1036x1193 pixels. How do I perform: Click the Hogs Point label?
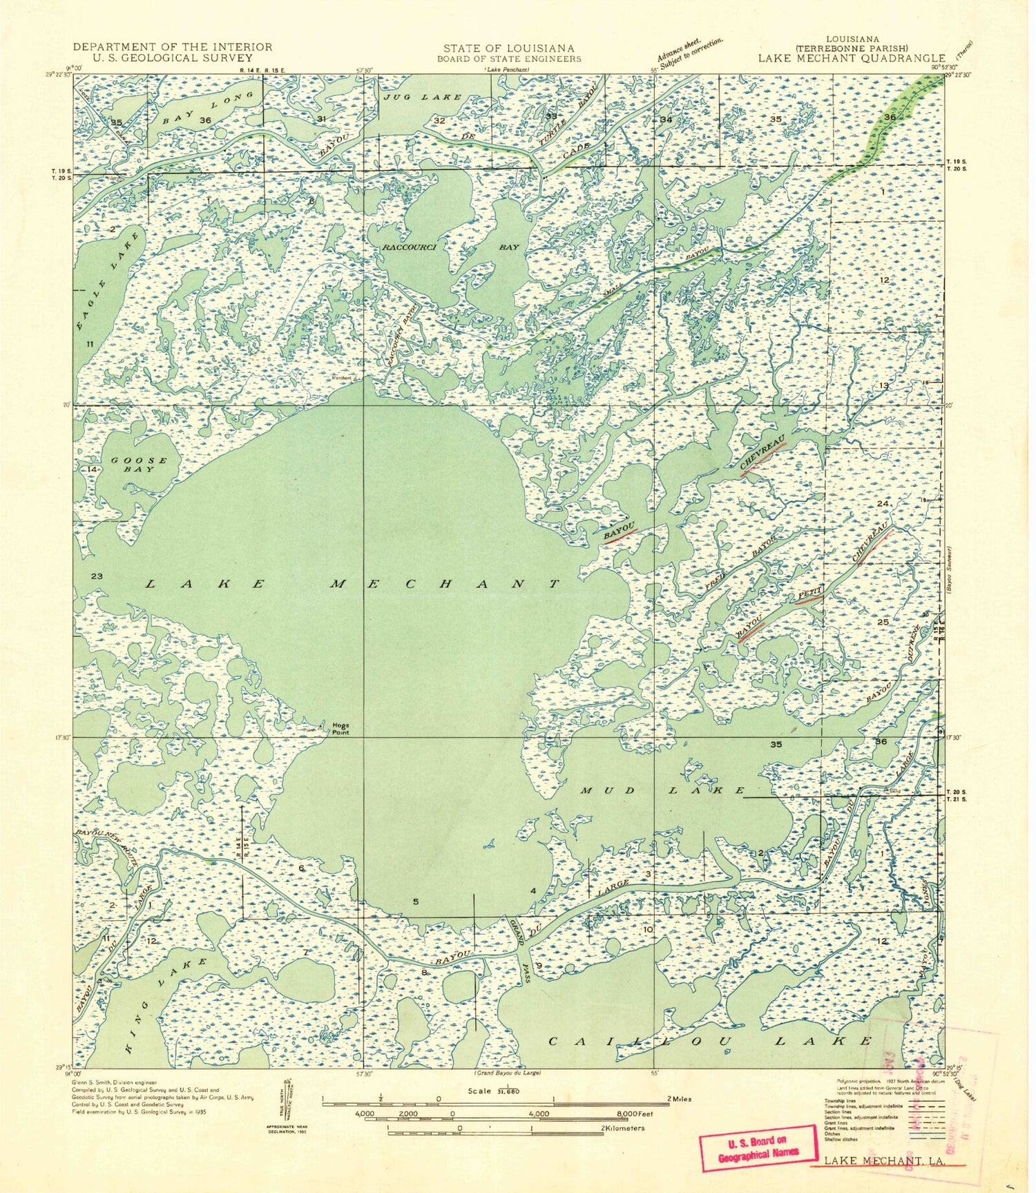tap(340, 729)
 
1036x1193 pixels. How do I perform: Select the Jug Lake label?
tap(421, 97)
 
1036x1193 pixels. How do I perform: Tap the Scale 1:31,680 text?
tap(493, 1091)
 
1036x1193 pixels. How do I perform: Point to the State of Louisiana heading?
tap(508, 48)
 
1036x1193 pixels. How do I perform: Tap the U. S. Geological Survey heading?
tap(172, 58)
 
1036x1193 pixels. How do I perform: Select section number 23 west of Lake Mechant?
tap(97, 576)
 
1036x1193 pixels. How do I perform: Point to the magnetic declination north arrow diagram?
tap(289, 1105)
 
